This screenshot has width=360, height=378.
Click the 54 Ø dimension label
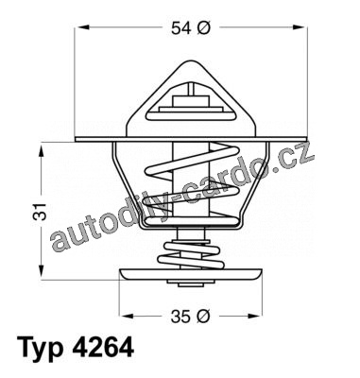190,28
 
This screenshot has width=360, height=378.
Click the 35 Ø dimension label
190,317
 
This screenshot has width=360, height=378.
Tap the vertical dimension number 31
40,212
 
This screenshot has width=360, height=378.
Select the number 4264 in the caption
104,348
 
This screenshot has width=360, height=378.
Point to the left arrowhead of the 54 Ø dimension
82,27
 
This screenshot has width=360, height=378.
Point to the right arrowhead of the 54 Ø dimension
299,27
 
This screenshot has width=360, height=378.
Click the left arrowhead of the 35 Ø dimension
127,316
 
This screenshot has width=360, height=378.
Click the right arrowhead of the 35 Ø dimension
254,316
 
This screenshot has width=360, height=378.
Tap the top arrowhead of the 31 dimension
42,150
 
